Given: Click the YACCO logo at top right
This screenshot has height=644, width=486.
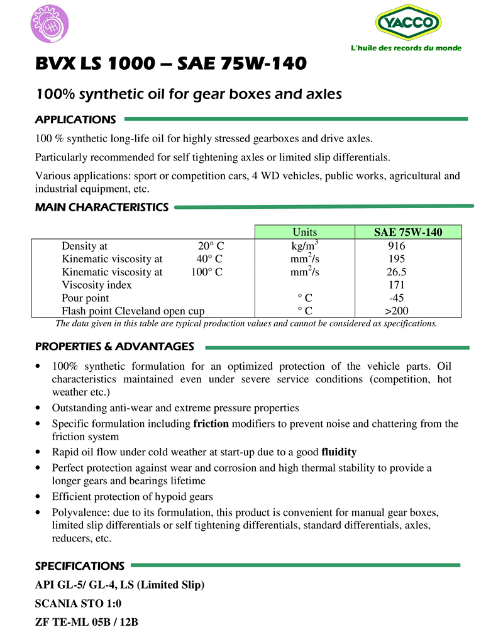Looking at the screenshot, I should click(408, 23).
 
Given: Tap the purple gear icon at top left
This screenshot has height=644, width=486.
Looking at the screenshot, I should click(50, 25).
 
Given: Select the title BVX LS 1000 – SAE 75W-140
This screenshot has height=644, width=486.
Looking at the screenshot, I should click(171, 64).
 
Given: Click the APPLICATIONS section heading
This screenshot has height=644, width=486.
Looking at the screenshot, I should click(75, 119).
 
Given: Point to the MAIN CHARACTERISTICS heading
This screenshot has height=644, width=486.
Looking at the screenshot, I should click(102, 207).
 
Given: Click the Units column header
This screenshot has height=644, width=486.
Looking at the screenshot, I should click(305, 232).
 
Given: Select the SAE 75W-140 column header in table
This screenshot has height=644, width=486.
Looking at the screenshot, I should click(408, 232).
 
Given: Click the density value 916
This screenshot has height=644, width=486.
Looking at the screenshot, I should click(397, 246).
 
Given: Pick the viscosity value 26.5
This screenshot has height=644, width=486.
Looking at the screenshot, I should click(397, 272).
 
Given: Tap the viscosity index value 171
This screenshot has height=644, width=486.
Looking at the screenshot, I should click(397, 285).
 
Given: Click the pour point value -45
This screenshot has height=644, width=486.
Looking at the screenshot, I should click(397, 297).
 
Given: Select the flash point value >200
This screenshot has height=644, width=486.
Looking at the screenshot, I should click(397, 311).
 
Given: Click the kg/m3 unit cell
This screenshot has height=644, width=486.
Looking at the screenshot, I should click(305, 245).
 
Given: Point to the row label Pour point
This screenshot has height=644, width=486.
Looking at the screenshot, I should click(85, 297).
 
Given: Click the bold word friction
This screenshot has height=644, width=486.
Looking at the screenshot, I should click(211, 423).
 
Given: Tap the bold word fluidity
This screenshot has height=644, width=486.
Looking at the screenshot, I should click(339, 452).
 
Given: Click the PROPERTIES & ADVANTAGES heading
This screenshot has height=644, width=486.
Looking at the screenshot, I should click(114, 347).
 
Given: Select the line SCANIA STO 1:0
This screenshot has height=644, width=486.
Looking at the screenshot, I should click(79, 604).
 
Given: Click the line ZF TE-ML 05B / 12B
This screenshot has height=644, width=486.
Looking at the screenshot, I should click(87, 623).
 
